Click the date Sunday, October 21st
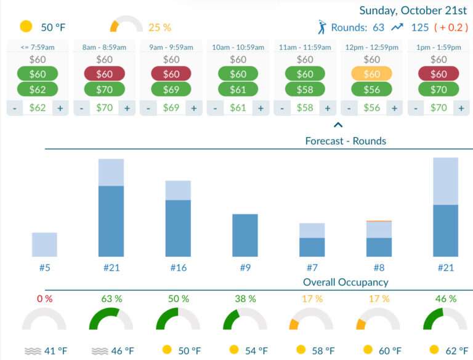point(413,10)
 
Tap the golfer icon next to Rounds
point(321,27)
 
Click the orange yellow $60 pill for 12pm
point(371,74)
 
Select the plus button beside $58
point(328,108)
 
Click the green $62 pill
point(38,89)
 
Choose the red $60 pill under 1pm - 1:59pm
point(439,74)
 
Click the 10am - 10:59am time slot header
point(238,47)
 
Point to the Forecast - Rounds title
point(346,141)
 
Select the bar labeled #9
point(245,235)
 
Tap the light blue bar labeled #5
point(44,244)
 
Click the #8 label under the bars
point(379,268)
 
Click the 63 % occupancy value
point(111,298)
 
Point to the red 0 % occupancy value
point(44,298)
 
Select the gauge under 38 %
point(245,320)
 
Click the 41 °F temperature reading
point(54,351)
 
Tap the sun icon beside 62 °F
point(434,350)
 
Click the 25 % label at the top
point(160,27)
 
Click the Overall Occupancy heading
point(346,282)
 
